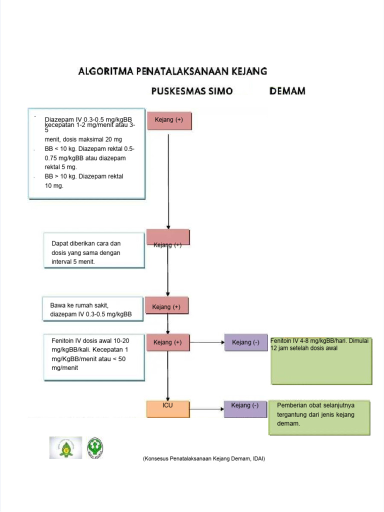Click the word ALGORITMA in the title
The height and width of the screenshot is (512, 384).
point(104,71)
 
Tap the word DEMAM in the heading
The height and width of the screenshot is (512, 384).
point(287,91)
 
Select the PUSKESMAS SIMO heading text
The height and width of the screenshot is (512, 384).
point(192,91)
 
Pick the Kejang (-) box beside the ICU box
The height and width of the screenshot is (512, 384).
point(245,408)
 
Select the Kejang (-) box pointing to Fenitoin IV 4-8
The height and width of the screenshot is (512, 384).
point(245,342)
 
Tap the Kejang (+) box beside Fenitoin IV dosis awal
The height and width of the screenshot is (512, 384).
point(167,342)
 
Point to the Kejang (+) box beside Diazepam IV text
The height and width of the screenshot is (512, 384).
point(168,120)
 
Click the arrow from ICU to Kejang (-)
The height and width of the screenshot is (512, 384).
point(206,408)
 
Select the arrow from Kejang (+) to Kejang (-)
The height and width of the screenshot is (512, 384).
point(206,342)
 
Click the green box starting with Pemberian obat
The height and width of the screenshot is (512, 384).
point(319,417)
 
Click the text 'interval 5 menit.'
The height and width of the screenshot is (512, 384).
point(73,261)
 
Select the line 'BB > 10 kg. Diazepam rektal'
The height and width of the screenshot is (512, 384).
point(83,176)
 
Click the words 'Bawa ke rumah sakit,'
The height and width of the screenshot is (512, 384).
point(79,305)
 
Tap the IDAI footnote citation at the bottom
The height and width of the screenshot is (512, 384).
point(203,458)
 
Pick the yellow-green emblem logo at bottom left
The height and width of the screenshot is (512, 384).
point(65,447)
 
